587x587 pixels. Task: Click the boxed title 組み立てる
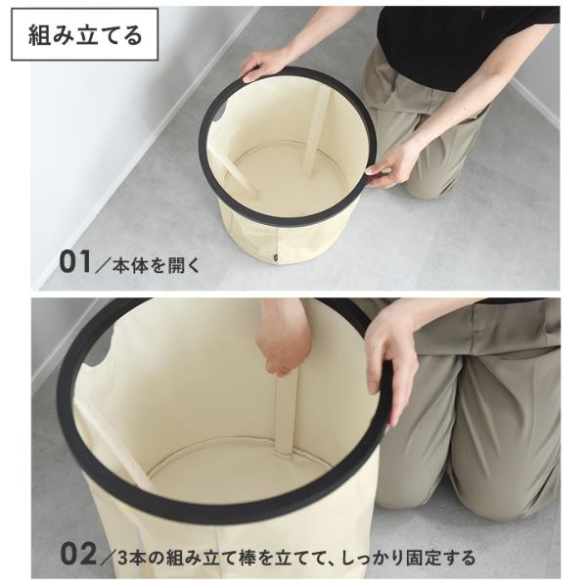point(85,35)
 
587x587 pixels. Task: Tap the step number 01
point(75,262)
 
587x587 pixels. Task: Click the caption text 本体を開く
point(157,265)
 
